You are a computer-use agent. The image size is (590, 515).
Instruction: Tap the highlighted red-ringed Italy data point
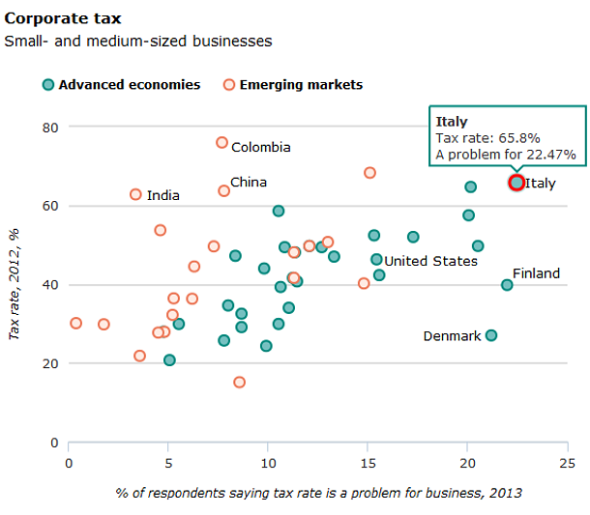click(516, 183)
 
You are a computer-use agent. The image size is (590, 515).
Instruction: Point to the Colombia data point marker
click(221, 143)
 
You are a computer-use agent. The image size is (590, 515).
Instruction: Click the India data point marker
click(135, 194)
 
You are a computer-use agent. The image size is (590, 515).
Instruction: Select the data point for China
click(223, 190)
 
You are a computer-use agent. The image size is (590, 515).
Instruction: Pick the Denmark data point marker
click(491, 335)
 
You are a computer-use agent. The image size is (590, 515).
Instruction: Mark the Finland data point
click(507, 285)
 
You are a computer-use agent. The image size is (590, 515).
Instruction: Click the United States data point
click(376, 259)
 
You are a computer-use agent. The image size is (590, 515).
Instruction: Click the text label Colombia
click(260, 148)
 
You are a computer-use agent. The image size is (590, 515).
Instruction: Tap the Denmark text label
click(452, 336)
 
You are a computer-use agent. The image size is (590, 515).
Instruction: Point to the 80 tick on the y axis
click(49, 128)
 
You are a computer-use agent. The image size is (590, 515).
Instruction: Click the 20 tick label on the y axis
click(49, 364)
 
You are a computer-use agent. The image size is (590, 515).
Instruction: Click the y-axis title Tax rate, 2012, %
click(14, 284)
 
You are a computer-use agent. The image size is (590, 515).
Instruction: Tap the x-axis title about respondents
click(318, 493)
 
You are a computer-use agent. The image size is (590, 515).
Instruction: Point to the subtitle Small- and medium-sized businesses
click(138, 42)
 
